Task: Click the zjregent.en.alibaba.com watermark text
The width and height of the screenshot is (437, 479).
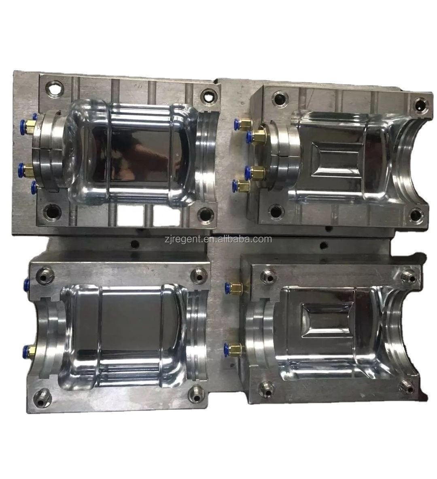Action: click(218, 239)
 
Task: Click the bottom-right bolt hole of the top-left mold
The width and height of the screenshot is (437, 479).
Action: click(206, 213)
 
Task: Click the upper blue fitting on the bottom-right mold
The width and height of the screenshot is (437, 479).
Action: click(227, 287)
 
